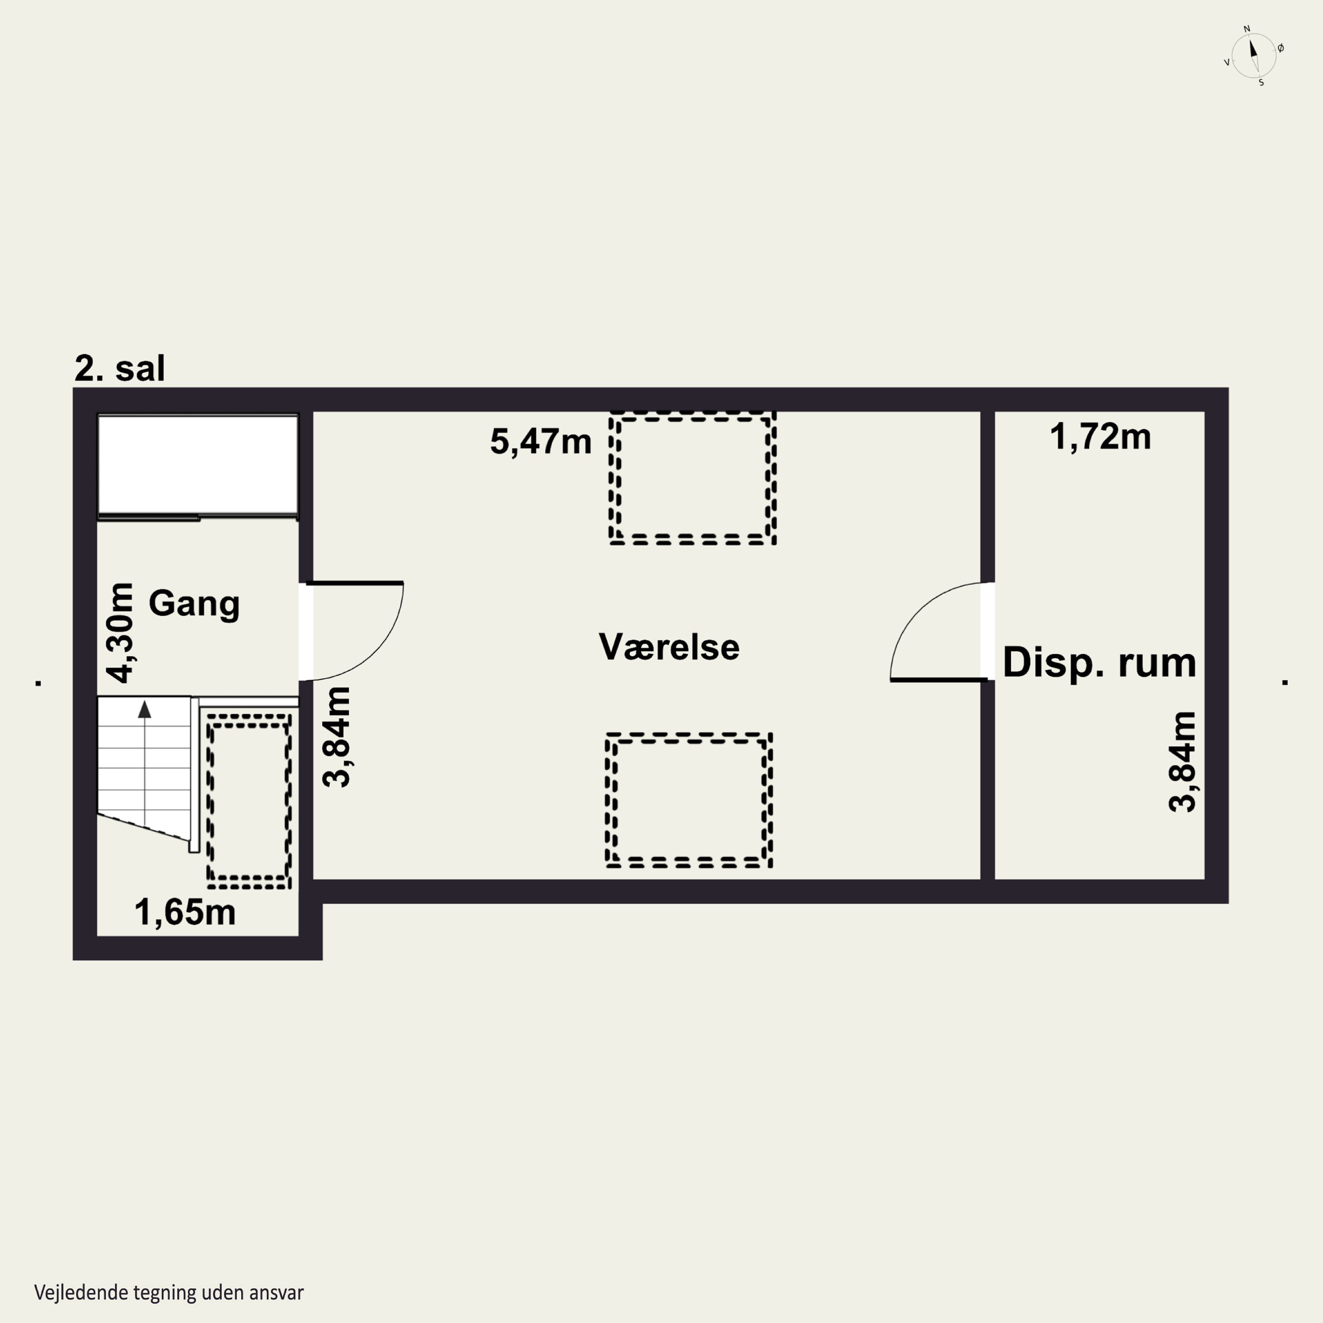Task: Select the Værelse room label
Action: click(669, 647)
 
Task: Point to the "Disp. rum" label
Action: click(1099, 663)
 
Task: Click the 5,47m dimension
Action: click(540, 442)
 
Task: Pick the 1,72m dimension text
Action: click(1100, 437)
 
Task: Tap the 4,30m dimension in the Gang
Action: click(121, 633)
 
